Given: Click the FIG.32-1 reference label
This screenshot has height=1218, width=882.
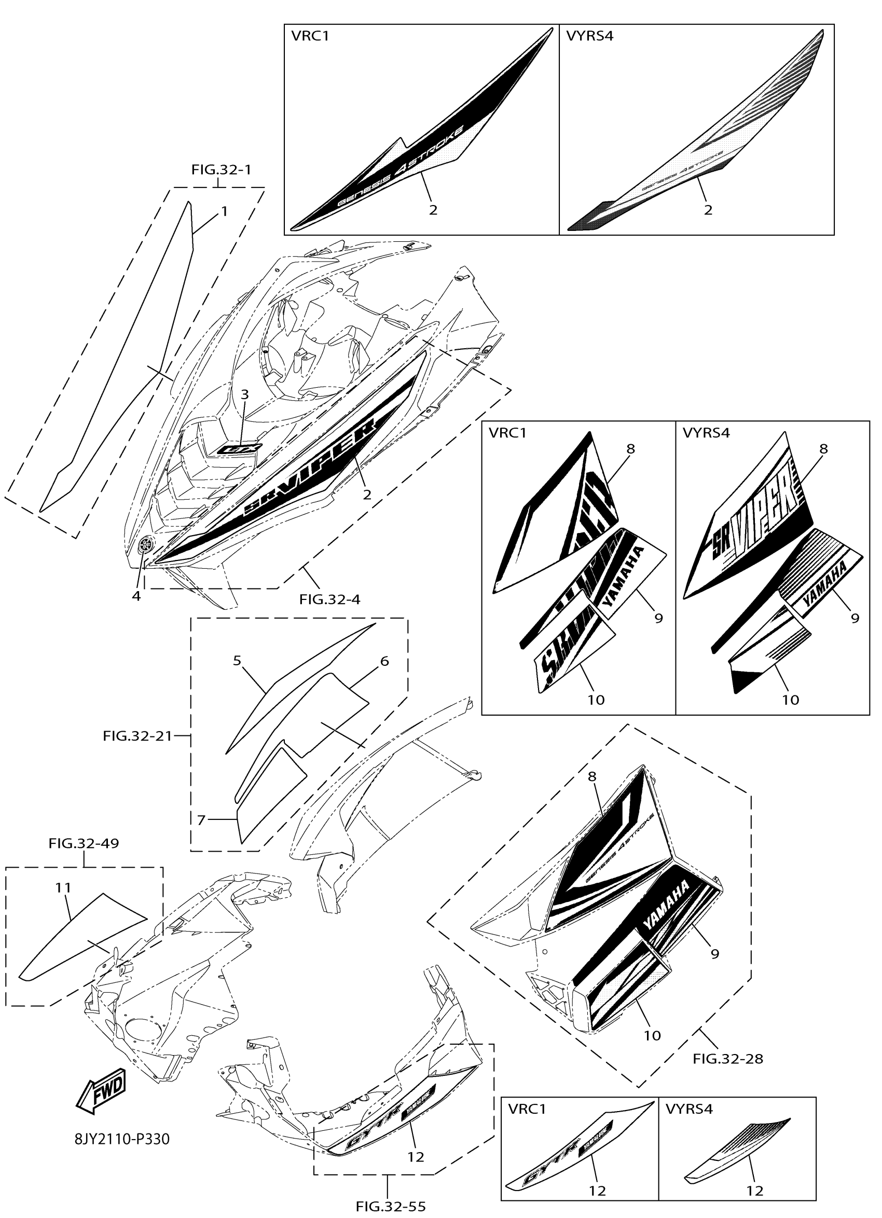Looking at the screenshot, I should [x=221, y=170].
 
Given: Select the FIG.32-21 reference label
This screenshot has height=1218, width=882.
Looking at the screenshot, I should [x=137, y=736].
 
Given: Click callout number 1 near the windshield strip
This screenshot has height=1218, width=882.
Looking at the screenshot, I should [x=225, y=211].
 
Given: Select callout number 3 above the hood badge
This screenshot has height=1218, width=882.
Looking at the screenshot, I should [x=244, y=394].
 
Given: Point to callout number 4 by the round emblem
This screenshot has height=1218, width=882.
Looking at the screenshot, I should [x=136, y=596].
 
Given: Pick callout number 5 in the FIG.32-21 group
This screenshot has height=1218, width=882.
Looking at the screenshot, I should [x=237, y=660].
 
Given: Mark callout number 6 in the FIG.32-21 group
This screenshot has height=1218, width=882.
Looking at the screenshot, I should [x=384, y=661].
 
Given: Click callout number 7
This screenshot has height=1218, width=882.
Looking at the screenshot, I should [x=201, y=820].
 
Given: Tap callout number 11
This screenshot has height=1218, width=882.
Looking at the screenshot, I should [x=63, y=888].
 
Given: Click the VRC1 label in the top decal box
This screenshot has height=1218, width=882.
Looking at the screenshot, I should [x=310, y=36].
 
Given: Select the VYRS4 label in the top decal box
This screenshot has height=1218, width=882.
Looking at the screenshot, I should [x=589, y=36].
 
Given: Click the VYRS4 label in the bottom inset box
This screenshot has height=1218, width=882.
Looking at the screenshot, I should [x=689, y=1108].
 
